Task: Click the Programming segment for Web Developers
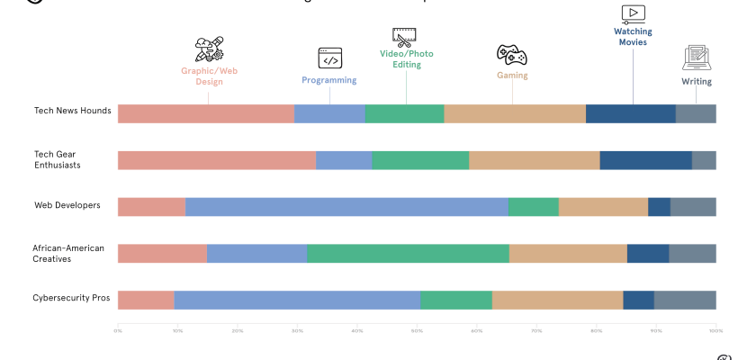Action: point(346,207)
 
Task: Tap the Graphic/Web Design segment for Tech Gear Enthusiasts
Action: point(217,160)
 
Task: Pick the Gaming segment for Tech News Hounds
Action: point(515,113)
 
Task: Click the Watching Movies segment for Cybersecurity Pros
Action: point(638,300)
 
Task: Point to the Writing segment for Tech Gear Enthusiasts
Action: point(704,160)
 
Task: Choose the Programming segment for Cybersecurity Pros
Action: point(297,300)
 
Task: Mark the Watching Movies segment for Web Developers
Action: point(659,207)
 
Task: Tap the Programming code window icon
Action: point(329,58)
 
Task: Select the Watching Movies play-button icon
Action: point(633,13)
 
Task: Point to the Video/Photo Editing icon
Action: point(404,36)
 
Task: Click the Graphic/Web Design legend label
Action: point(209,76)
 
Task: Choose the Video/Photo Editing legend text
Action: point(406,59)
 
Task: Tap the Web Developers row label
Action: point(67,206)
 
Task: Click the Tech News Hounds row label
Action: point(73,111)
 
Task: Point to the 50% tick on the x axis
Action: point(417,331)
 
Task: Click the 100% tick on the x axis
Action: point(715,331)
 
